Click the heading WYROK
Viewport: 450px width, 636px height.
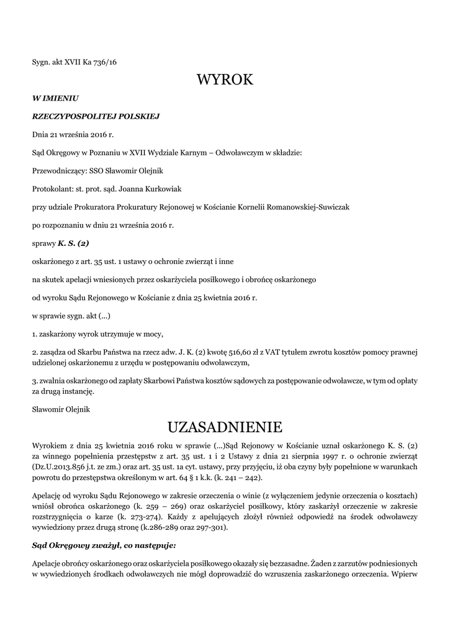[225, 79]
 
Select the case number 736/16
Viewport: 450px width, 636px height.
[104, 61]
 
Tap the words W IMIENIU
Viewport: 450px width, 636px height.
[55, 98]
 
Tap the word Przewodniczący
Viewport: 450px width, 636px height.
[56, 170]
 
